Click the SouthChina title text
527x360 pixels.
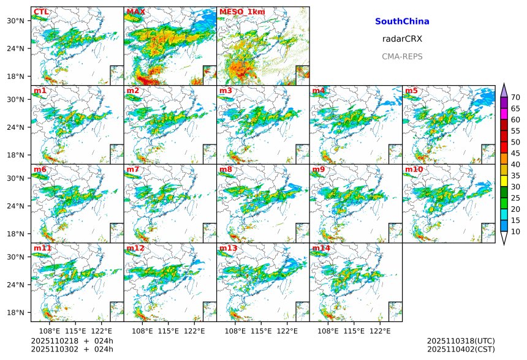(x=402, y=21)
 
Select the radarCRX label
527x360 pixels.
(x=402, y=39)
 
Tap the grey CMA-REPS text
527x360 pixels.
(x=402, y=56)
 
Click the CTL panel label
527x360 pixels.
(x=40, y=12)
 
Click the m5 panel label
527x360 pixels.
(x=411, y=91)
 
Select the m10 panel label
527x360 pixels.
(x=414, y=170)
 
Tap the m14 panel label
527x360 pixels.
(x=321, y=249)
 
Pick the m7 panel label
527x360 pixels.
(x=133, y=170)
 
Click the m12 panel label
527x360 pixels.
(x=135, y=249)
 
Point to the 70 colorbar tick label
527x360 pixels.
(x=516, y=97)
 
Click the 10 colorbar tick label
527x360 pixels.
(x=516, y=231)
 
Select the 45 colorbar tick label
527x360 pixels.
(x=516, y=153)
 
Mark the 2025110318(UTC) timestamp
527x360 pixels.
(x=461, y=341)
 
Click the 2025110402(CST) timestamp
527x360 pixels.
(x=461, y=349)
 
